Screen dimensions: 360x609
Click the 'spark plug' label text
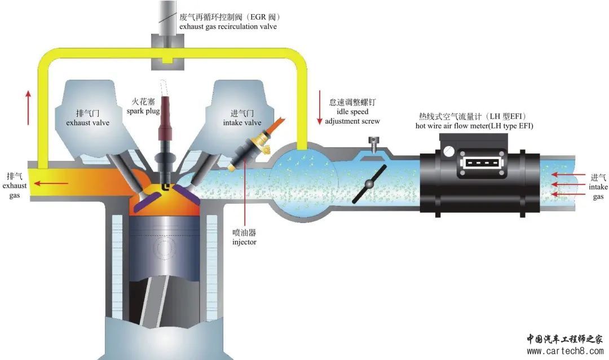click(x=144, y=112)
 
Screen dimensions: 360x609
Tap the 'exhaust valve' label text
click(x=87, y=122)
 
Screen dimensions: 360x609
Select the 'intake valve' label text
click(x=242, y=122)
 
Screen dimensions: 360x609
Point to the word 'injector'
click(x=244, y=242)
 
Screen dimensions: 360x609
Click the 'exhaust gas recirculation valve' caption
click(x=228, y=27)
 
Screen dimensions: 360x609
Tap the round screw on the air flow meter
click(x=449, y=151)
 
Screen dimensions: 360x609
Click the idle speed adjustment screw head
click(x=372, y=141)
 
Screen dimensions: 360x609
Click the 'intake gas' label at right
click(x=598, y=187)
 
